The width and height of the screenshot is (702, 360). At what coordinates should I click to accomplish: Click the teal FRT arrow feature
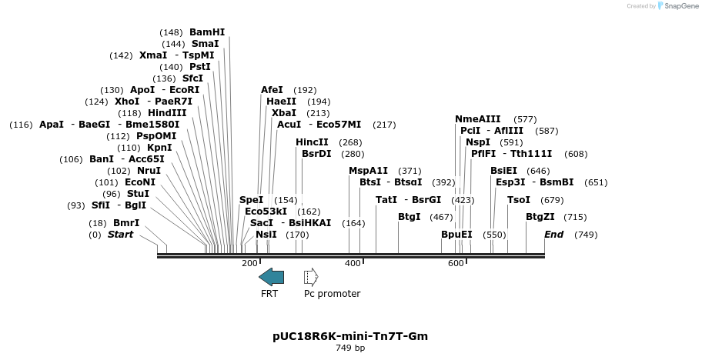[271, 277]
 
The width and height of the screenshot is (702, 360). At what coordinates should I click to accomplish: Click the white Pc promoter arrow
[311, 277]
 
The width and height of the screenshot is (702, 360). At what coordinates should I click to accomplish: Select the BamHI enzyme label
[207, 32]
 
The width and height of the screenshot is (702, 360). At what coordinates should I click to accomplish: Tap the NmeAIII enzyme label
[477, 118]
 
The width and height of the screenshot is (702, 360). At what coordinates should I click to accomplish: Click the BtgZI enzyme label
[540, 216]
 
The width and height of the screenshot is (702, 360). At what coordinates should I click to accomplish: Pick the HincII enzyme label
[312, 142]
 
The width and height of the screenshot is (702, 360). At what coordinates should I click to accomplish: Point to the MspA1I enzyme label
[368, 170]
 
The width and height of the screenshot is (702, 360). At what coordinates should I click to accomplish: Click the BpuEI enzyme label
[456, 234]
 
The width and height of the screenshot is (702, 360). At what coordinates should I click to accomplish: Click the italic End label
[554, 234]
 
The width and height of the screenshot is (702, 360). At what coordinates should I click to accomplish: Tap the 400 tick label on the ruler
[353, 263]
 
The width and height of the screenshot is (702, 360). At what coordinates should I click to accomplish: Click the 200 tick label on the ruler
[249, 263]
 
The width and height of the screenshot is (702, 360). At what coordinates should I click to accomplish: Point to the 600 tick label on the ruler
[456, 263]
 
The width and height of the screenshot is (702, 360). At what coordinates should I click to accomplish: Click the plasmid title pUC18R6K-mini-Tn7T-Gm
[350, 336]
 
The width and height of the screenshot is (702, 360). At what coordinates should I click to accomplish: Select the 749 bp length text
[350, 348]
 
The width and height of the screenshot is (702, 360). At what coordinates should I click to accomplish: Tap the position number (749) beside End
[586, 234]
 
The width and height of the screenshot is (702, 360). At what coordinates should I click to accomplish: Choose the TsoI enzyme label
[519, 199]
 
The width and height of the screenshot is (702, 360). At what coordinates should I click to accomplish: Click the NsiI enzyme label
[266, 234]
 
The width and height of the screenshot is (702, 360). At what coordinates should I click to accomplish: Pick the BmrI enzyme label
[126, 222]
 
